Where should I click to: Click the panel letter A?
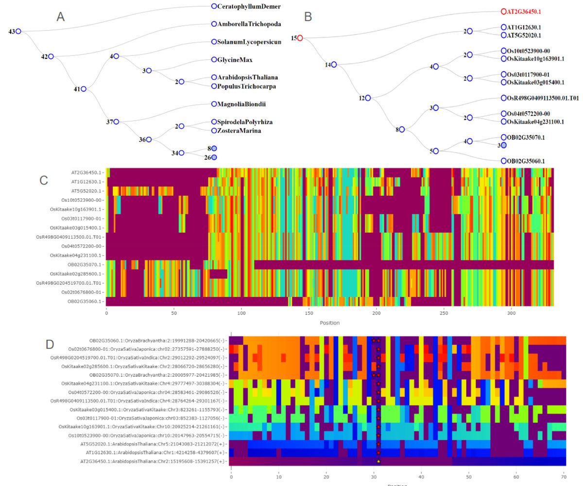click(x=61, y=17)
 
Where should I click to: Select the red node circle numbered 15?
click(x=300, y=38)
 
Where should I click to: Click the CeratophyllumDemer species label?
click(x=249, y=6)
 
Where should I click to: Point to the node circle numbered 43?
click(x=18, y=32)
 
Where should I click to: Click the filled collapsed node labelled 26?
click(x=214, y=157)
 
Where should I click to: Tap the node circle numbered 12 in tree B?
click(x=368, y=98)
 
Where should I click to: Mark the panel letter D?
click(x=50, y=345)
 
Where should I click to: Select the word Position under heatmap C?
click(x=330, y=323)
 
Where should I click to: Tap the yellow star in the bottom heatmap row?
click(x=378, y=461)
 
